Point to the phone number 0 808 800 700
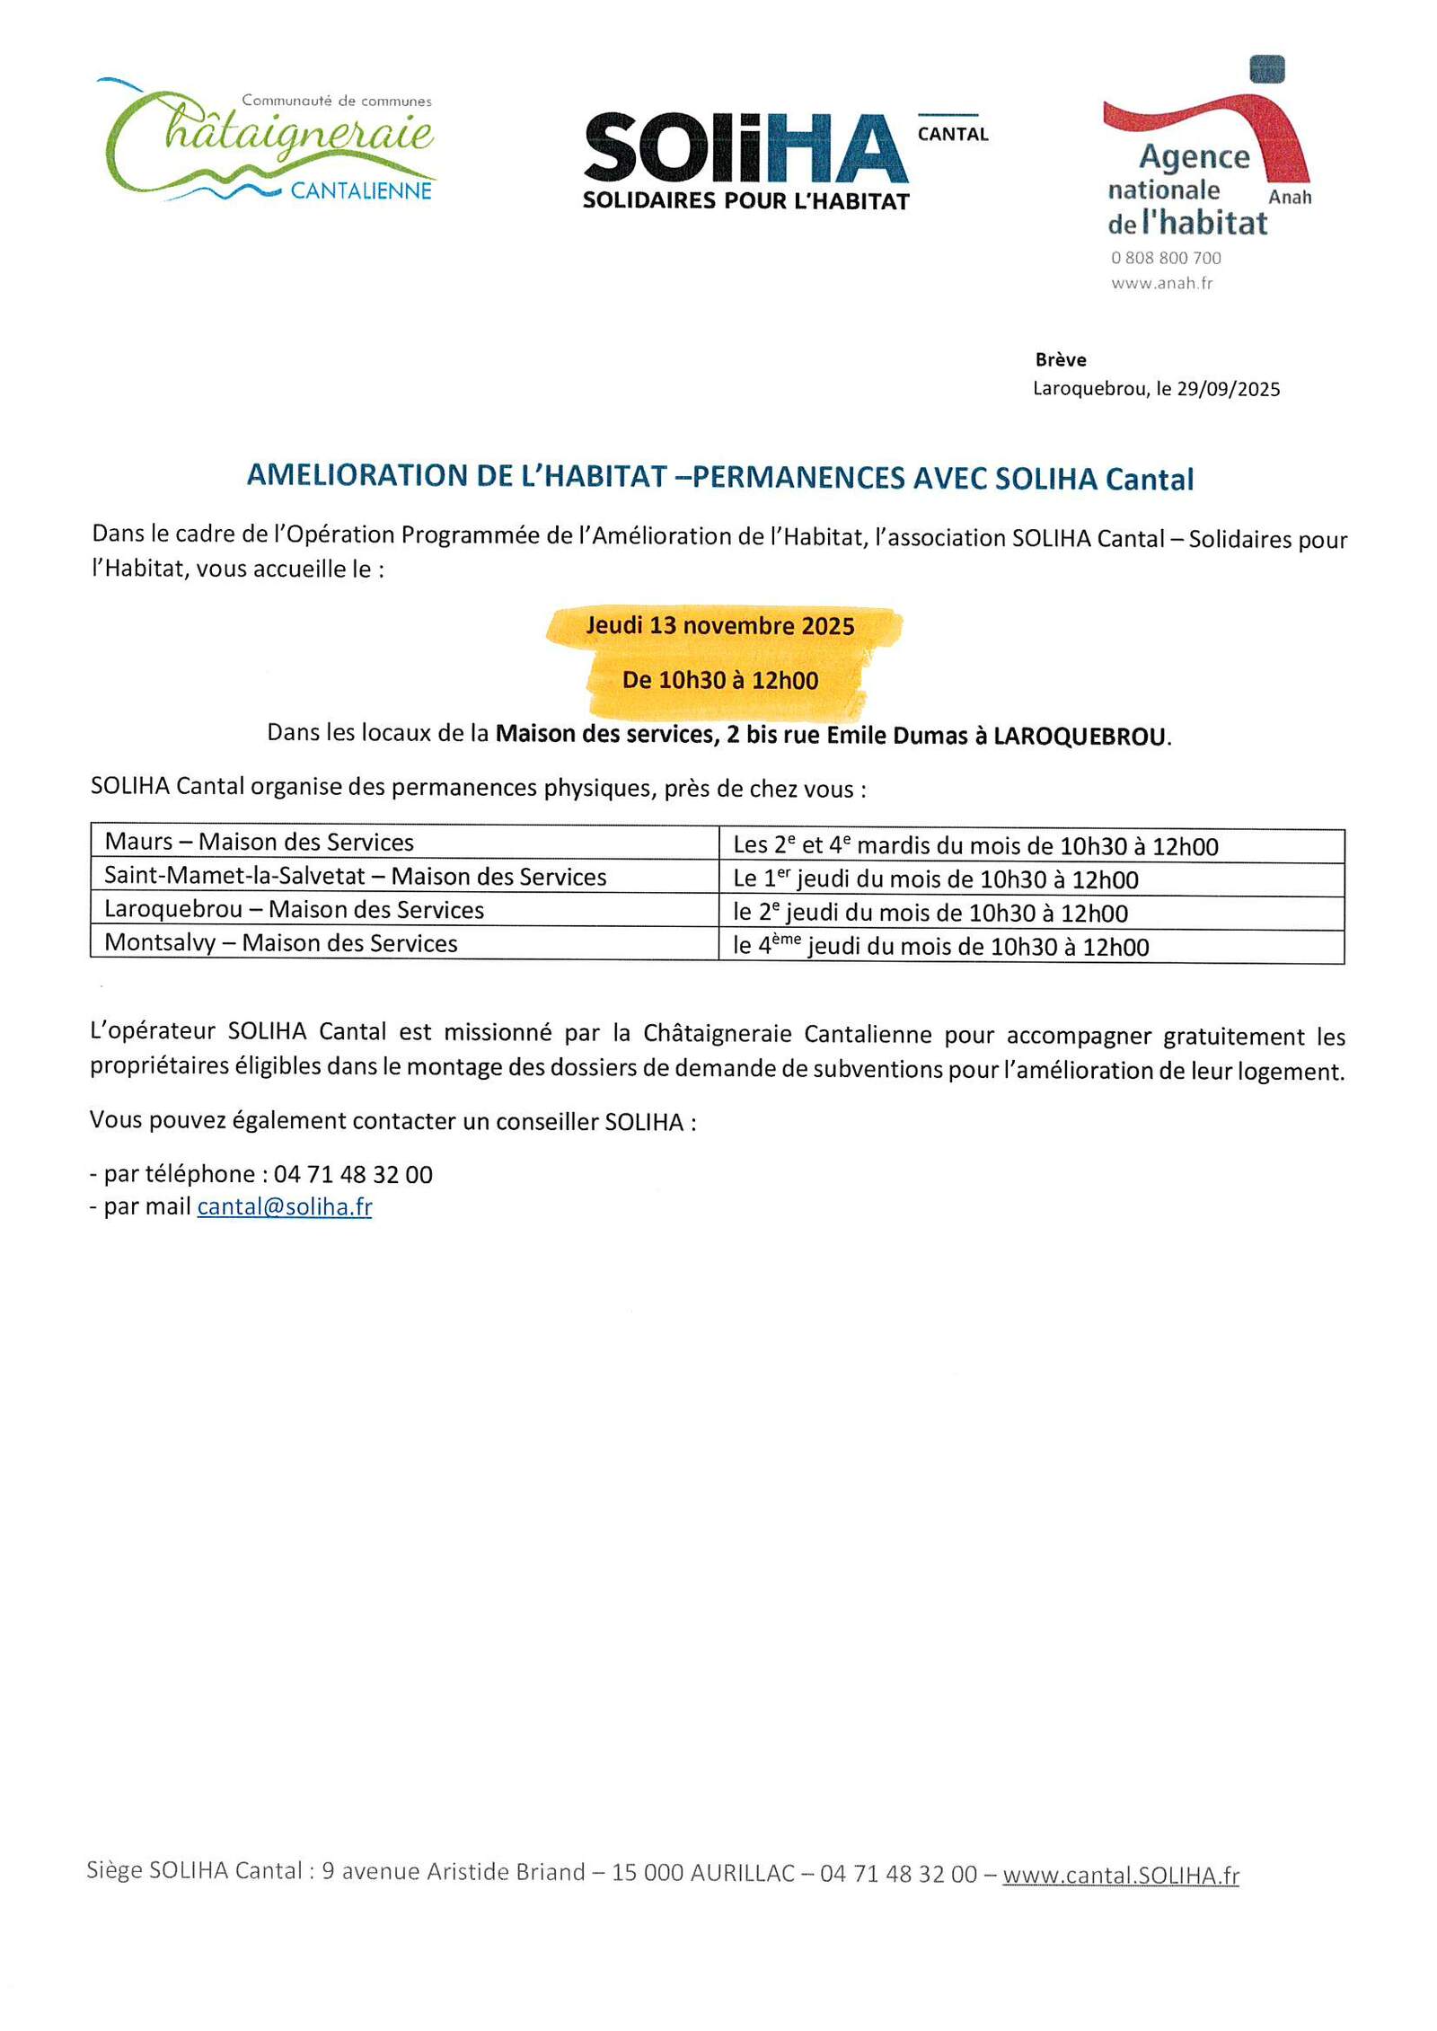(x=1166, y=258)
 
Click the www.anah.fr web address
(x=1161, y=283)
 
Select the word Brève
(x=1061, y=359)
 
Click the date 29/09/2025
(x=1228, y=389)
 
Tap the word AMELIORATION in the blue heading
(x=357, y=475)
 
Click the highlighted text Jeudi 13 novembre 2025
(x=720, y=626)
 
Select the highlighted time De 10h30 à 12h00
(x=720, y=680)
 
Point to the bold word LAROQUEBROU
(x=1080, y=737)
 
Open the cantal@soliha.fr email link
(x=285, y=1206)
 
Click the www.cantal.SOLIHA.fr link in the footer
(x=1121, y=1876)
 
